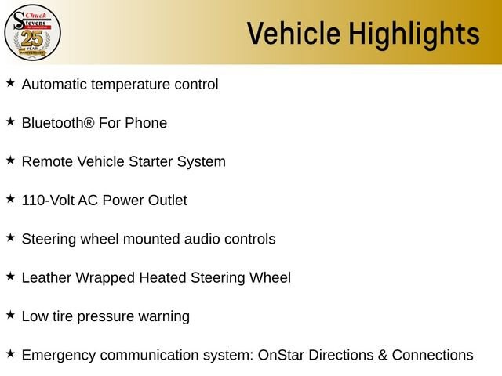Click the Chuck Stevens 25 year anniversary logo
click(32, 32)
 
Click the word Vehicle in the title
click(293, 33)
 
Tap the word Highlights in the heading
click(414, 34)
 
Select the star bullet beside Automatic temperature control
click(10, 83)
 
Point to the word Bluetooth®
click(58, 123)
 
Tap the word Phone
click(146, 123)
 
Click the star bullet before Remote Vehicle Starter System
click(10, 160)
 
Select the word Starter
click(151, 161)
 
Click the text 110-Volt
click(48, 201)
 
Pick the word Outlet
click(167, 201)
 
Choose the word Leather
click(46, 277)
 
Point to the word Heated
click(162, 277)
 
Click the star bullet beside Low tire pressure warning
click(10, 315)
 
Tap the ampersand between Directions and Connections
click(383, 355)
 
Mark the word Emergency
click(59, 356)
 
